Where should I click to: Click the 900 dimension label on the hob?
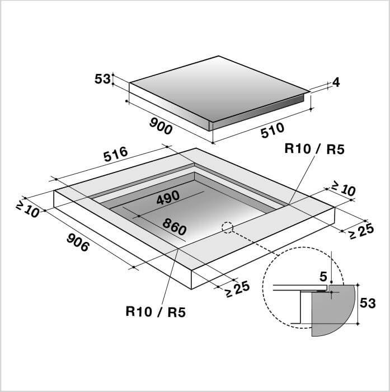[x=161, y=126]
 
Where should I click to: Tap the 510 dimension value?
[x=272, y=130]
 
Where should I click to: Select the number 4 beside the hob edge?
[x=336, y=82]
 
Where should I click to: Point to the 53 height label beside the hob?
[x=102, y=79]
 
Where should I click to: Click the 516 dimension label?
[x=116, y=154]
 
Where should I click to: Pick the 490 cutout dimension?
[x=168, y=198]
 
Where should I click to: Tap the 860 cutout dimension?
[x=175, y=226]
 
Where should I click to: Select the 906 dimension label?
[x=78, y=242]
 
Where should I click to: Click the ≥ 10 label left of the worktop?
[x=27, y=209]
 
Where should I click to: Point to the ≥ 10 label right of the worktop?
[x=343, y=189]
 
